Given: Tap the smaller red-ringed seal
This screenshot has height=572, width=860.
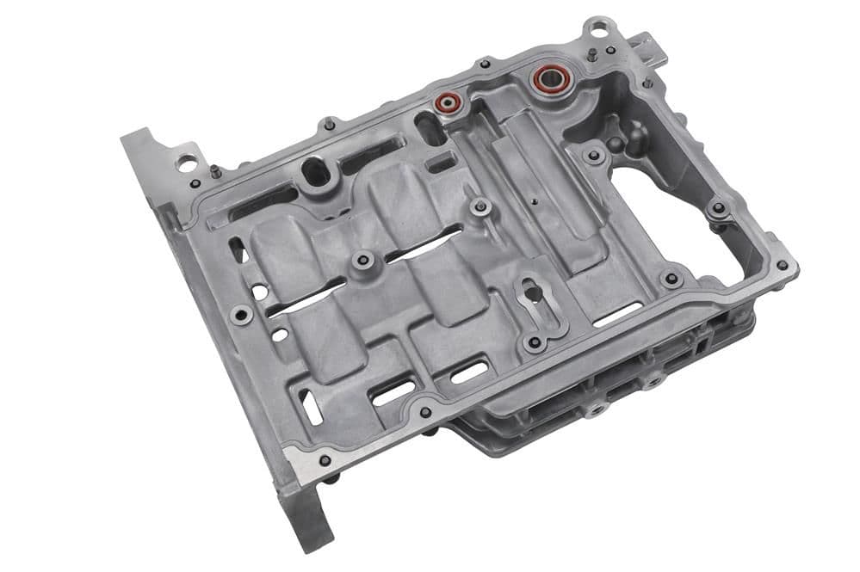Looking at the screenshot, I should click(447, 102).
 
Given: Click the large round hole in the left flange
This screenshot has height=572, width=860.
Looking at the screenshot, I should click(185, 161).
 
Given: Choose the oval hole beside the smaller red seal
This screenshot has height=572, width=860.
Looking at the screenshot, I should click(427, 129).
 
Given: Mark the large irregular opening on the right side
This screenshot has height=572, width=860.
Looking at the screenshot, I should click(680, 215).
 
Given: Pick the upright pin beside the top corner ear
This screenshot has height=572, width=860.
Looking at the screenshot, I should click(593, 54).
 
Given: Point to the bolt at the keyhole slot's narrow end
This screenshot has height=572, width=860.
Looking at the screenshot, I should click(535, 342).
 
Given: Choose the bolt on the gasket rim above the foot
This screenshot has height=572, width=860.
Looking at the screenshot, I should click(325, 459).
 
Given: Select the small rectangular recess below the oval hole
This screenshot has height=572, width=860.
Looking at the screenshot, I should click(441, 161).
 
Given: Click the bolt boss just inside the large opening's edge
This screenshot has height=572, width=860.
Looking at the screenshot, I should click(594, 156).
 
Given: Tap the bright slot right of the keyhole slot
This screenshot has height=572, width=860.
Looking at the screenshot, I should click(616, 313).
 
